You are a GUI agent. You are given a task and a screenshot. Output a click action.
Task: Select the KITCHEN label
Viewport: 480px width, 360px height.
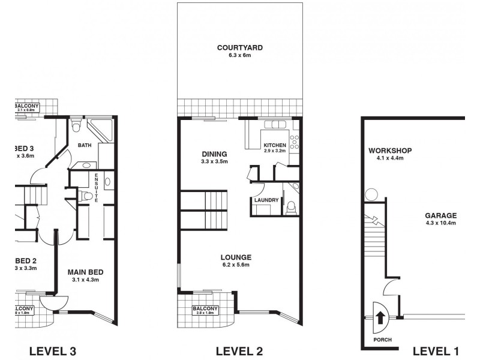coord(275,145)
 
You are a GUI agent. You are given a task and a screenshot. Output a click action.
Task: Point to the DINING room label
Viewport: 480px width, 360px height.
coord(214,153)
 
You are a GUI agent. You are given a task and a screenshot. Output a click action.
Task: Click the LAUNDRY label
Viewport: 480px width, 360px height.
coord(265,200)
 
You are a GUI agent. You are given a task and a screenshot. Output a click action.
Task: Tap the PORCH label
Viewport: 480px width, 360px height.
coord(382,340)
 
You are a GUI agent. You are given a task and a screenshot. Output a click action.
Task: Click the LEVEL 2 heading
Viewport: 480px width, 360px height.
coord(239,351)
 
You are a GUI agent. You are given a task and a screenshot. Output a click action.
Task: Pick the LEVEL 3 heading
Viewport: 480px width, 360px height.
coord(52,351)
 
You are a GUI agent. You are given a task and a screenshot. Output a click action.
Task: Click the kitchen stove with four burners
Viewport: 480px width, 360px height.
coord(294,142)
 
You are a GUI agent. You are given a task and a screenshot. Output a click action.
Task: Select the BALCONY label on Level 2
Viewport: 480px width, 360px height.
coord(205,309)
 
